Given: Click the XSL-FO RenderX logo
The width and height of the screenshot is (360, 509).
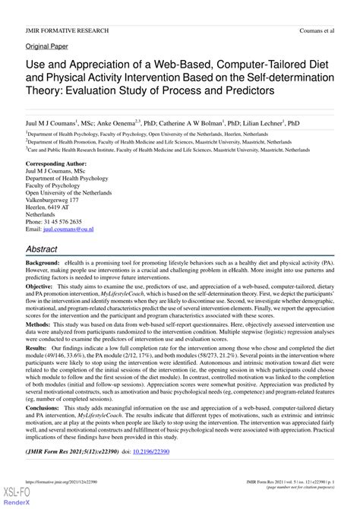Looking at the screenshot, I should [11, 498].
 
